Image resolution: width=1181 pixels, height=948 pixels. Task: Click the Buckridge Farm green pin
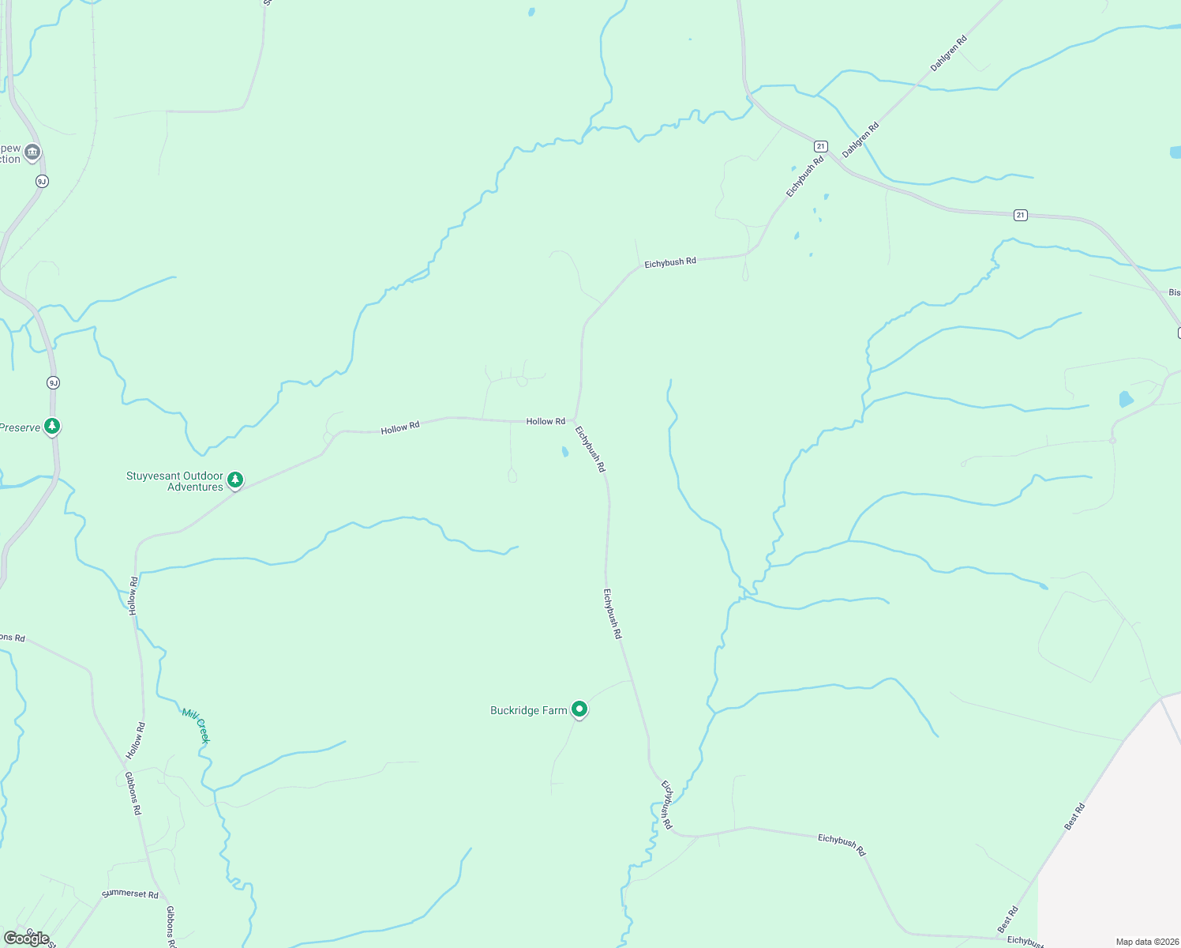[579, 709]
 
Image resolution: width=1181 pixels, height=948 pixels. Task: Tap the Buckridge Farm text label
[528, 711]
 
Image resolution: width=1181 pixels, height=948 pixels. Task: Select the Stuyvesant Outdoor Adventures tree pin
[235, 480]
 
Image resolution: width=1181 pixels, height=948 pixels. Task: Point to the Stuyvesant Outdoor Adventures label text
[175, 481]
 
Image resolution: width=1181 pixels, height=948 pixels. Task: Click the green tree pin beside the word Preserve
[52, 427]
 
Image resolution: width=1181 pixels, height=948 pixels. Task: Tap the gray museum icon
[32, 152]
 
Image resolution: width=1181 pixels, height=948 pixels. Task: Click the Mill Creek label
[196, 724]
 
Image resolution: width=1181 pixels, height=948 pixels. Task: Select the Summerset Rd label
[130, 894]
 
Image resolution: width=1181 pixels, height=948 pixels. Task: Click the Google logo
[27, 938]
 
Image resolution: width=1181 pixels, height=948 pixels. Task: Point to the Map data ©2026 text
[1145, 942]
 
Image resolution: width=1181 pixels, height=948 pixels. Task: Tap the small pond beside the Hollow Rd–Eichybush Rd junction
[564, 453]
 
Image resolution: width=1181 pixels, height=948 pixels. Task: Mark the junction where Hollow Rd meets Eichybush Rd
[575, 420]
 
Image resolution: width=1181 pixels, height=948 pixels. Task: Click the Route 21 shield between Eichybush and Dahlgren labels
[821, 146]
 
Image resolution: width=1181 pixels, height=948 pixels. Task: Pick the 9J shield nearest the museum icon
[42, 182]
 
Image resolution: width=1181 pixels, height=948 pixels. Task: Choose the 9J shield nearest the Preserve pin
[53, 383]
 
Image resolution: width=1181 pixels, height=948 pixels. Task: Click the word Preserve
[20, 427]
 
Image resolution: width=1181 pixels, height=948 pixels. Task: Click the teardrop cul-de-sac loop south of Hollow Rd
[512, 475]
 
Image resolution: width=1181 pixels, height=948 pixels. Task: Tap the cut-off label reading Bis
[1174, 292]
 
